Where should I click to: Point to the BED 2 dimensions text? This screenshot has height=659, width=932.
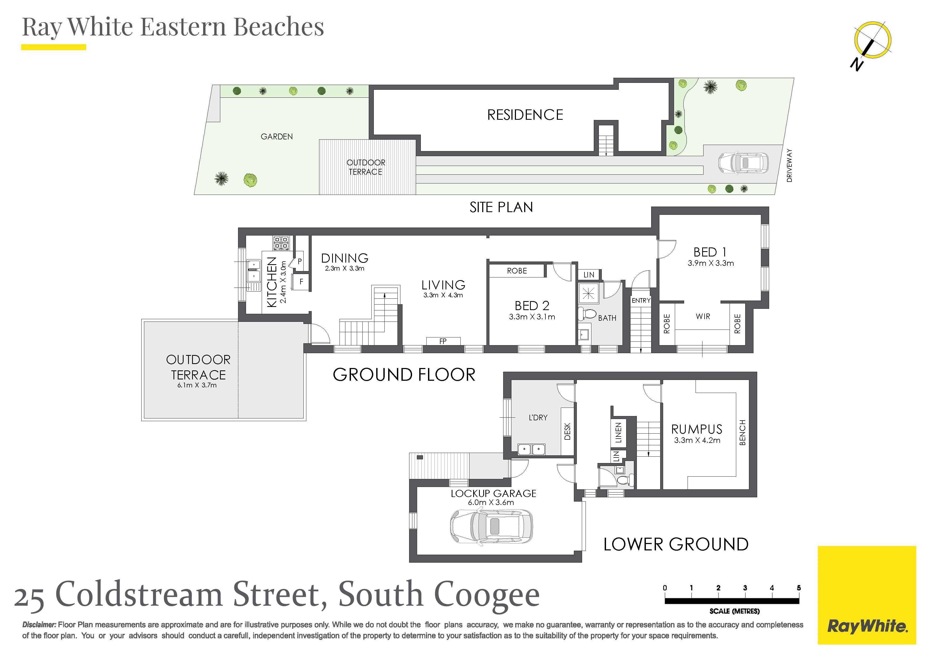tap(532, 317)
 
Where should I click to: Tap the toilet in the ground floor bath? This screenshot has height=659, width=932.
tap(587, 314)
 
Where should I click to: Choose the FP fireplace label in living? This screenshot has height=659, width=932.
tap(443, 341)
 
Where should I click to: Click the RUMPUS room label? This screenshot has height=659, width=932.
tap(697, 429)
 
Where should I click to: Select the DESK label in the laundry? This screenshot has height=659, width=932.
tap(567, 431)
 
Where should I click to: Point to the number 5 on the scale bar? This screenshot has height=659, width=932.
tap(798, 588)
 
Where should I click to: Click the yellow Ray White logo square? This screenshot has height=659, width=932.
tap(867, 595)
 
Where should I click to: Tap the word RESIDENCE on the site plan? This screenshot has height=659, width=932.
tap(525, 115)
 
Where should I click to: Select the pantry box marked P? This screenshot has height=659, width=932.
tap(300, 261)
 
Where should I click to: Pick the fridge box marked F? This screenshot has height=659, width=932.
tap(302, 281)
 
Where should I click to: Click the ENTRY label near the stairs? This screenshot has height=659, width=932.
tap(641, 301)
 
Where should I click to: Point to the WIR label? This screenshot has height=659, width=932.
tap(703, 316)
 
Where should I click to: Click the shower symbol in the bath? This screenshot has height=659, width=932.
tap(588, 293)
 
